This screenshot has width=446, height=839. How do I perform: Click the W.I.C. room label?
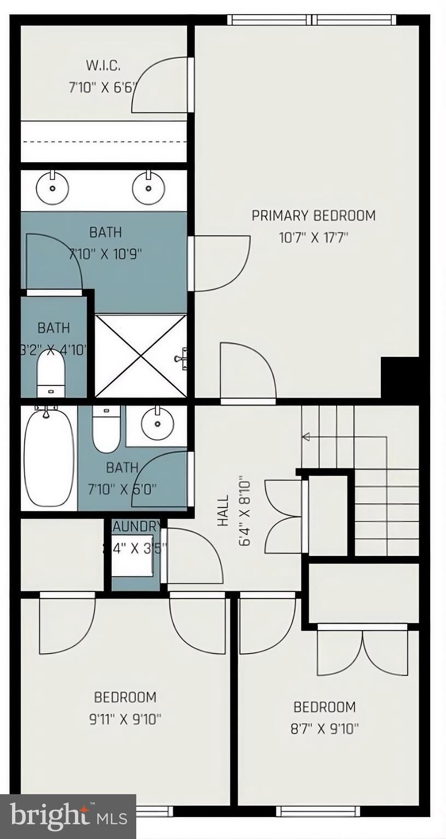click(x=103, y=66)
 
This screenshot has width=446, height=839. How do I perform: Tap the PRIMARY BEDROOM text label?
click(x=313, y=215)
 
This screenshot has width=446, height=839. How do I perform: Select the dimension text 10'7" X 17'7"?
click(x=313, y=238)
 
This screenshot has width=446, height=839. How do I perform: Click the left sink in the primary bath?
click(x=53, y=188)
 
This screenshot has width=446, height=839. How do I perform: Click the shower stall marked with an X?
click(x=141, y=355)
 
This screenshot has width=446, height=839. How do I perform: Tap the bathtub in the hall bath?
click(x=49, y=456)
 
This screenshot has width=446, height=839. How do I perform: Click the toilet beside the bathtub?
click(x=106, y=430)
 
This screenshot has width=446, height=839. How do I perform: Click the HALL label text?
click(x=223, y=511)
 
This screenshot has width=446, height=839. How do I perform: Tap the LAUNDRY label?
click(x=136, y=527)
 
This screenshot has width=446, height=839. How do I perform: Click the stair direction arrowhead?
click(x=305, y=436)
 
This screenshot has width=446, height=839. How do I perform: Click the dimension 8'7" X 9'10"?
click(x=325, y=729)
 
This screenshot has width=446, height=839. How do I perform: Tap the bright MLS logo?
click(x=68, y=817)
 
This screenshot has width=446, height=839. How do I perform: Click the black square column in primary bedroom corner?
click(x=399, y=377)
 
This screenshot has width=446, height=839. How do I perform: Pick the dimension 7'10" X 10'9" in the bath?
click(x=105, y=254)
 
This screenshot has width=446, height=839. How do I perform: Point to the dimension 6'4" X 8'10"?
click(x=245, y=511)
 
